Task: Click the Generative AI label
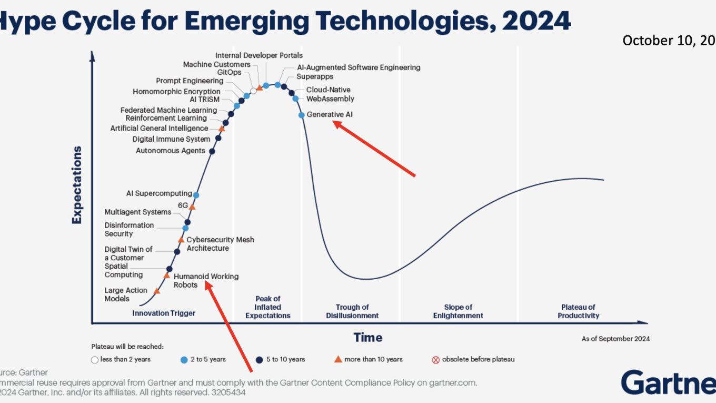pyautogui.click(x=330, y=114)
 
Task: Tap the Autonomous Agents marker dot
pyautogui.click(x=212, y=151)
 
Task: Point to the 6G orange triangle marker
pyautogui.click(x=192, y=207)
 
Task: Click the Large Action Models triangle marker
pyautogui.click(x=156, y=291)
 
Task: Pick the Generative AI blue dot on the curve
pyautogui.click(x=301, y=115)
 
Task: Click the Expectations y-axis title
pyautogui.click(x=77, y=185)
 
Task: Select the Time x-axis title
pyautogui.click(x=367, y=337)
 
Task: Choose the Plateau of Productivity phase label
pyautogui.click(x=578, y=311)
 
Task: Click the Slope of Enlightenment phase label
pyautogui.click(x=458, y=311)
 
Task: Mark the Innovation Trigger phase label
pyautogui.click(x=164, y=313)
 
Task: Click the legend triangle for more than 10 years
pyautogui.click(x=339, y=359)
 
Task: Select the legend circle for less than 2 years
pyautogui.click(x=95, y=360)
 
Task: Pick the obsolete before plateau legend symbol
pyautogui.click(x=435, y=360)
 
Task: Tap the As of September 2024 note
pyautogui.click(x=615, y=339)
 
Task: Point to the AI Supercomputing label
pyautogui.click(x=158, y=193)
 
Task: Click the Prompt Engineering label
pyautogui.click(x=190, y=81)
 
